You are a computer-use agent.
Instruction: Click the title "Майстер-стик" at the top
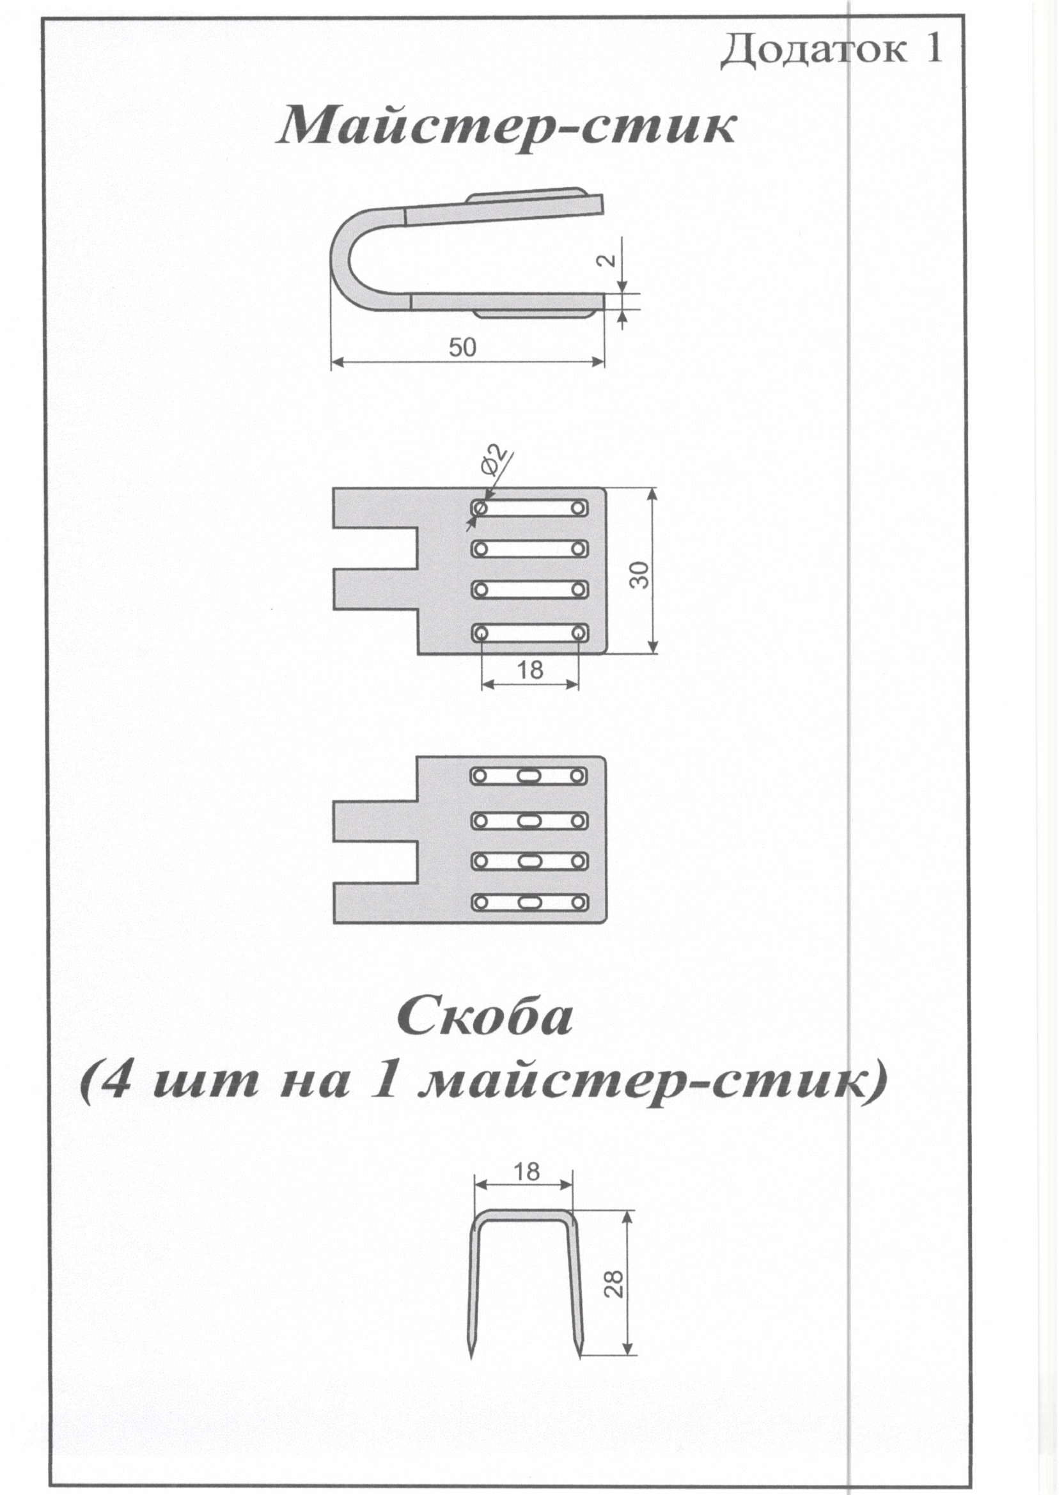coord(506,127)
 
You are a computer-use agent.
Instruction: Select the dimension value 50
coord(462,348)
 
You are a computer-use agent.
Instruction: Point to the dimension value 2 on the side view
coord(609,260)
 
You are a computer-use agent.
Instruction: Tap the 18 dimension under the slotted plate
coord(530,669)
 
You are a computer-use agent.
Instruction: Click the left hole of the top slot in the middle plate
coord(481,508)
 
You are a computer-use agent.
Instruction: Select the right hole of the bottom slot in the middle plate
coord(579,634)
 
